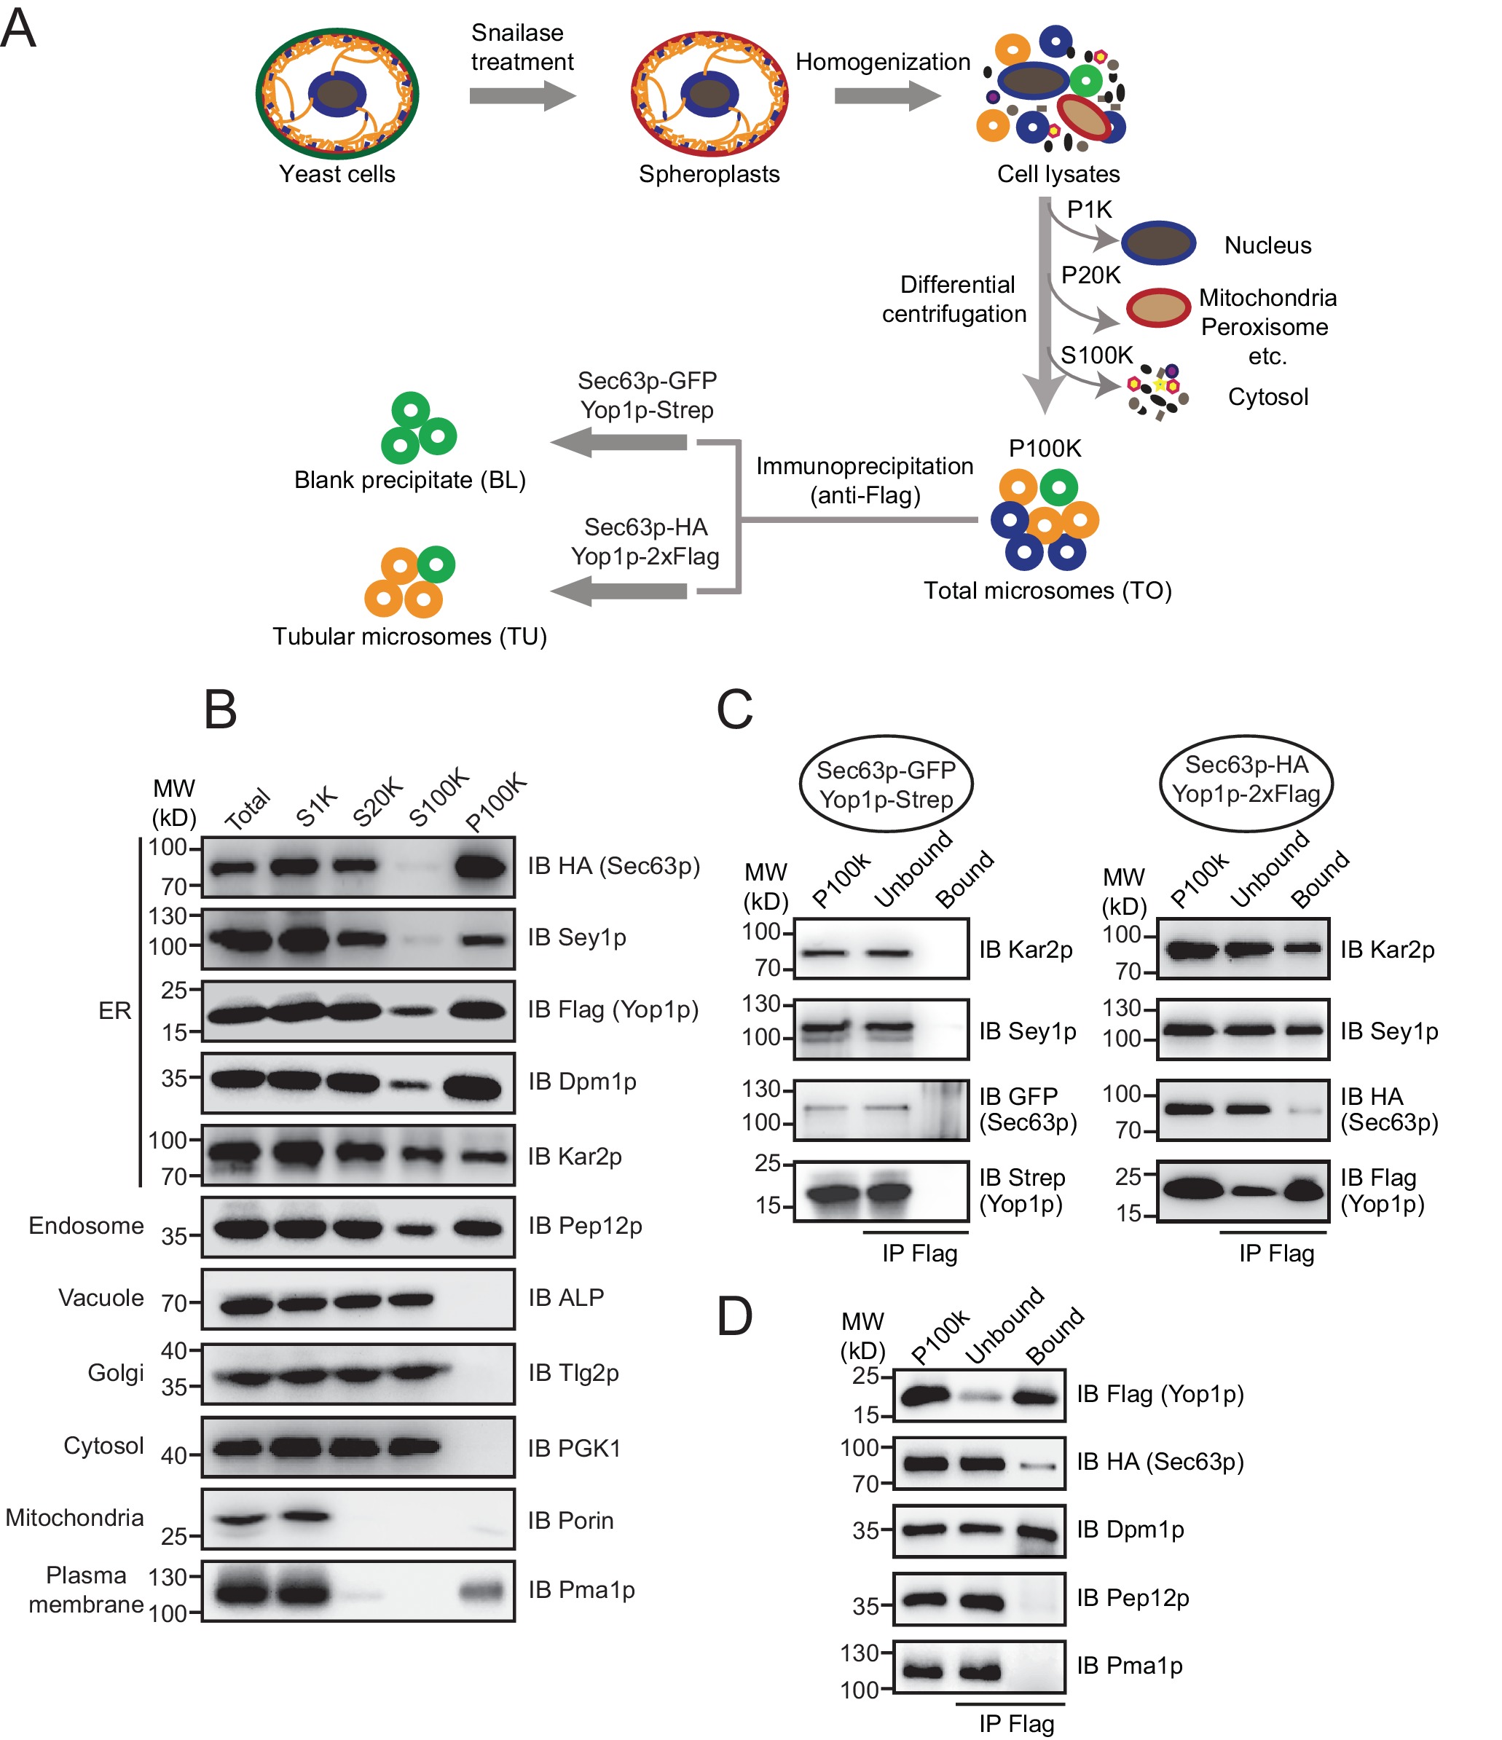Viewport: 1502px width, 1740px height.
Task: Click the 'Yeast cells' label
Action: coord(337,174)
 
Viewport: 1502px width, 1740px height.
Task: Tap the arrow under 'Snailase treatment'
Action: coord(522,95)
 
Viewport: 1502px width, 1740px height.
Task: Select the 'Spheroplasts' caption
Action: coord(709,174)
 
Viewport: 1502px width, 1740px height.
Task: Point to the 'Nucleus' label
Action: coord(1267,245)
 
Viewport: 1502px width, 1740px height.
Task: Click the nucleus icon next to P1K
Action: coord(1158,243)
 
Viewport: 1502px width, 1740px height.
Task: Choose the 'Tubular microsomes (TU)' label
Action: coord(409,636)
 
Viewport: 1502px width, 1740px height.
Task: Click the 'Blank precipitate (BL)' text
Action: coord(409,479)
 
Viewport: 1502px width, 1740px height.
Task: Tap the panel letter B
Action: coord(220,709)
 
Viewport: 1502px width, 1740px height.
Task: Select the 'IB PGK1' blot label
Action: coord(574,1448)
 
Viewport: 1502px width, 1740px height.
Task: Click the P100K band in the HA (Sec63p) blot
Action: coord(481,867)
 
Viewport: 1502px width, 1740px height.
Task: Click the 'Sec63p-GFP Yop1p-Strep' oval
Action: coord(886,784)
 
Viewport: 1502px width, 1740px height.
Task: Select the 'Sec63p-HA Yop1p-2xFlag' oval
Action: coord(1246,779)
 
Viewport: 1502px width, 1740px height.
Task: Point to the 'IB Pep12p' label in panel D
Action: coord(1133,1597)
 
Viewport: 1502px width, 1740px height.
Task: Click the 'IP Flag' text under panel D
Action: coord(1015,1723)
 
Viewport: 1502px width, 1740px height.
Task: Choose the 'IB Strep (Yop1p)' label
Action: coord(1021,1191)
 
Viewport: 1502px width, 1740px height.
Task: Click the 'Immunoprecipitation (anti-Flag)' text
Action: coord(865,481)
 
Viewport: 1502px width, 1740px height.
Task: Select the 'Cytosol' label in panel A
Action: coord(1267,396)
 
